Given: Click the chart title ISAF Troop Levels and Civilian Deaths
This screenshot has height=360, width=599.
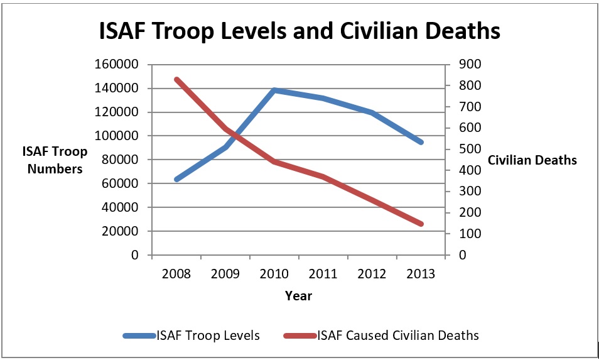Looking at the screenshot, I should pos(299,31).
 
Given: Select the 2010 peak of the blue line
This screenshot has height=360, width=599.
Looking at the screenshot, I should pos(274,90).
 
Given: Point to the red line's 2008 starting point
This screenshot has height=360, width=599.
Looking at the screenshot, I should pos(176,79).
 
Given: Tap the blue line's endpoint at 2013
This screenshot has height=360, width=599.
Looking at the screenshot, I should pos(421,143).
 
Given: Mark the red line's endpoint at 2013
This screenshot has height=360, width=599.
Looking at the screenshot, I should pos(421,224).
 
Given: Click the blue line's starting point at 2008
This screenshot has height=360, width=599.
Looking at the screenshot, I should pos(176,180).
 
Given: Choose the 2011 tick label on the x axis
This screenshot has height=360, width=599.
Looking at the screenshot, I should pos(323,275).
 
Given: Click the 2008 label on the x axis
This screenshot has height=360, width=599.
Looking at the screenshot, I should pos(176,275).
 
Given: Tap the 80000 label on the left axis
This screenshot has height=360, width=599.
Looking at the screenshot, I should pos(121,160).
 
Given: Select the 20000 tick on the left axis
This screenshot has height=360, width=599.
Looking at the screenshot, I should pos(121,231).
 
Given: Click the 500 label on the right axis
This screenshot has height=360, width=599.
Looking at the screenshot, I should pos(468,149).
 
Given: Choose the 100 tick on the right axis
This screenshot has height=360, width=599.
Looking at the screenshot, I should pos(468,234).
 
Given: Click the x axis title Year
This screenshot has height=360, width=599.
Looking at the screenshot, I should pos(298,295).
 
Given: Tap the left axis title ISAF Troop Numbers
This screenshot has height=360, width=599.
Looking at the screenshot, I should pos(55,160).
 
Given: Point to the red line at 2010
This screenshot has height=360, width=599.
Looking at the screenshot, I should pos(274,161).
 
